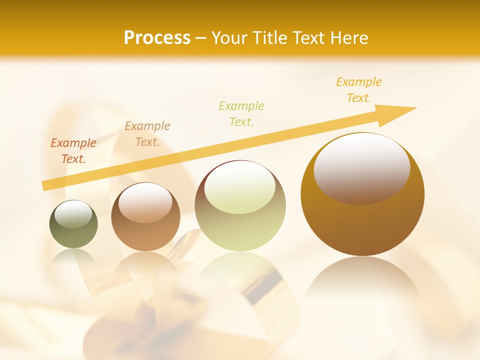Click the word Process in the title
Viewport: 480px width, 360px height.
click(x=157, y=38)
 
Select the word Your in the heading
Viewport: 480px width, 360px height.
click(x=230, y=38)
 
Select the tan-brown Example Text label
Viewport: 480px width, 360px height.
click(x=147, y=134)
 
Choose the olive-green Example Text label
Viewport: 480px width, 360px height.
click(x=241, y=113)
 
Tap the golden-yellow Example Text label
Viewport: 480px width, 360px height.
click(x=359, y=90)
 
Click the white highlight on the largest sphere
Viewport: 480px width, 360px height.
click(x=361, y=167)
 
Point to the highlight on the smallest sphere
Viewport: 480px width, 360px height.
click(x=73, y=214)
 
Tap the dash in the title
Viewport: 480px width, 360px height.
click(x=200, y=38)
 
